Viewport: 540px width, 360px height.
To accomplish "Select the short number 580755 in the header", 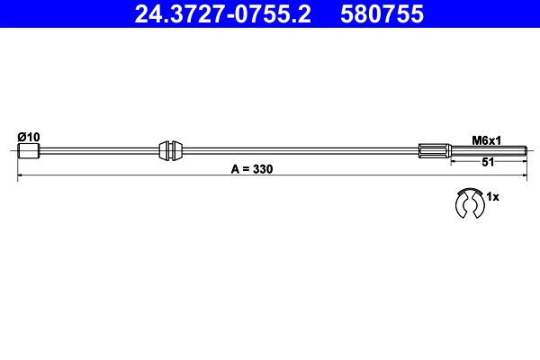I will point(379,14).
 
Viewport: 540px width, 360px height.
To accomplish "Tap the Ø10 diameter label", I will point(29,136).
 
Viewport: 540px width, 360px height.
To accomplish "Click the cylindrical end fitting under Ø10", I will point(29,150).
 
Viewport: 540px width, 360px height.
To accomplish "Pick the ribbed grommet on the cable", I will point(170,150).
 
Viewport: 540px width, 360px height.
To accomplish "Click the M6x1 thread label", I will point(487,139).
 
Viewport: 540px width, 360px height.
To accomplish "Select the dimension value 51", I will point(487,163).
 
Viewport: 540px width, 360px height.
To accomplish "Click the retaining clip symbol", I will point(468,203).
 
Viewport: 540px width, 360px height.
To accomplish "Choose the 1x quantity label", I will point(492,195).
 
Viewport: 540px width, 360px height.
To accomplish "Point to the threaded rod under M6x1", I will point(486,150).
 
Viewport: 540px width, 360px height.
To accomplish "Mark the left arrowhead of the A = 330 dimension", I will point(21,177).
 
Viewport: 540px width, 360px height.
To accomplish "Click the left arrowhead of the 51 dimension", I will point(453,158).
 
